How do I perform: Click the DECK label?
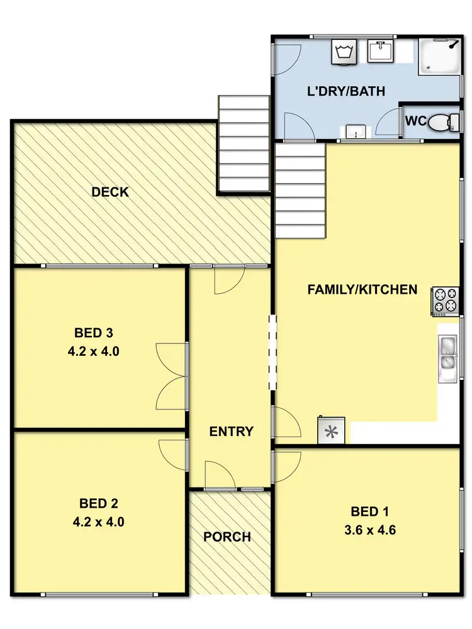click(x=110, y=192)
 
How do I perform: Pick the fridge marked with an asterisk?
click(x=331, y=431)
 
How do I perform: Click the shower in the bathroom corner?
click(x=439, y=54)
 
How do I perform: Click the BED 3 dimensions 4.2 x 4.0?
click(x=93, y=352)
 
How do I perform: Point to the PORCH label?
click(x=227, y=537)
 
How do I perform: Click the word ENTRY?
click(x=231, y=431)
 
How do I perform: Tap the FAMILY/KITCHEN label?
click(x=362, y=289)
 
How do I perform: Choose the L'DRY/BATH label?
click(x=346, y=91)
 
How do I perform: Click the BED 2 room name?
click(x=99, y=503)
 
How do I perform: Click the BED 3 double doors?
click(x=171, y=376)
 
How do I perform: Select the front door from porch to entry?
click(x=220, y=476)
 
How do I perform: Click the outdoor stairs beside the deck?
click(x=243, y=145)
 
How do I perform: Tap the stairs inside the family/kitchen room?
click(x=300, y=191)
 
